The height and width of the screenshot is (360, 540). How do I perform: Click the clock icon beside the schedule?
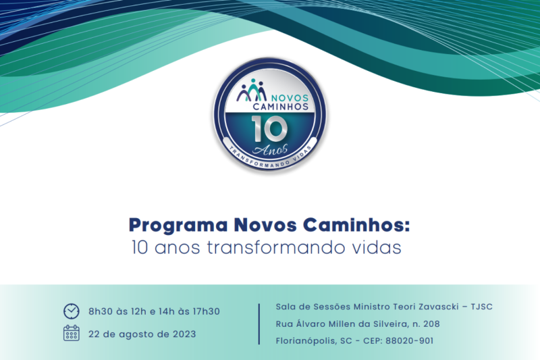[x=71, y=311]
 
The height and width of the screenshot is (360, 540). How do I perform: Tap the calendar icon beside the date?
[x=71, y=332]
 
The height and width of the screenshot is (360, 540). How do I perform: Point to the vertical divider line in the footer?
[x=259, y=324]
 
